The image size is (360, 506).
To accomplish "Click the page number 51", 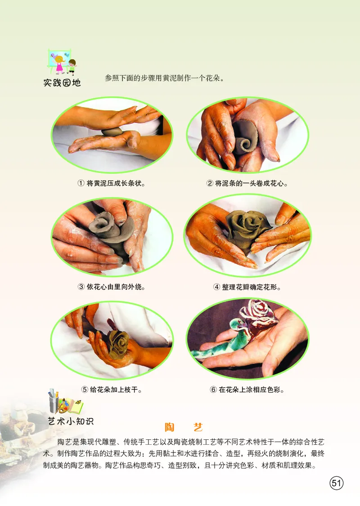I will point(336,483).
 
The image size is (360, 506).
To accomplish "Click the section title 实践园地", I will point(62,82).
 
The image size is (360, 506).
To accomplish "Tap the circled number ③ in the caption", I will point(81,286).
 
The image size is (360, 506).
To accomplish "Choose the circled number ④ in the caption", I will point(216,287).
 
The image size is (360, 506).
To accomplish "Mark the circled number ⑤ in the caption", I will point(85,389).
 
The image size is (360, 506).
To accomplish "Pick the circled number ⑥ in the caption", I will point(213,389).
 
